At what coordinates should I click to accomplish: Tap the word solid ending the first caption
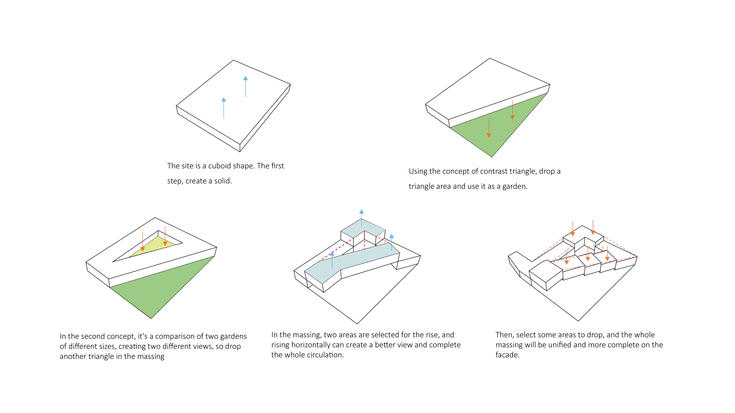point(223,181)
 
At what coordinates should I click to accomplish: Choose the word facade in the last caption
point(507,355)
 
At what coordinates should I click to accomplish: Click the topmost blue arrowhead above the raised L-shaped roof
point(361,212)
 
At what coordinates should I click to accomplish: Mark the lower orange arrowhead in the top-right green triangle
point(489,135)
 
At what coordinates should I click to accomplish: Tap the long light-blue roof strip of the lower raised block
point(353,261)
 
